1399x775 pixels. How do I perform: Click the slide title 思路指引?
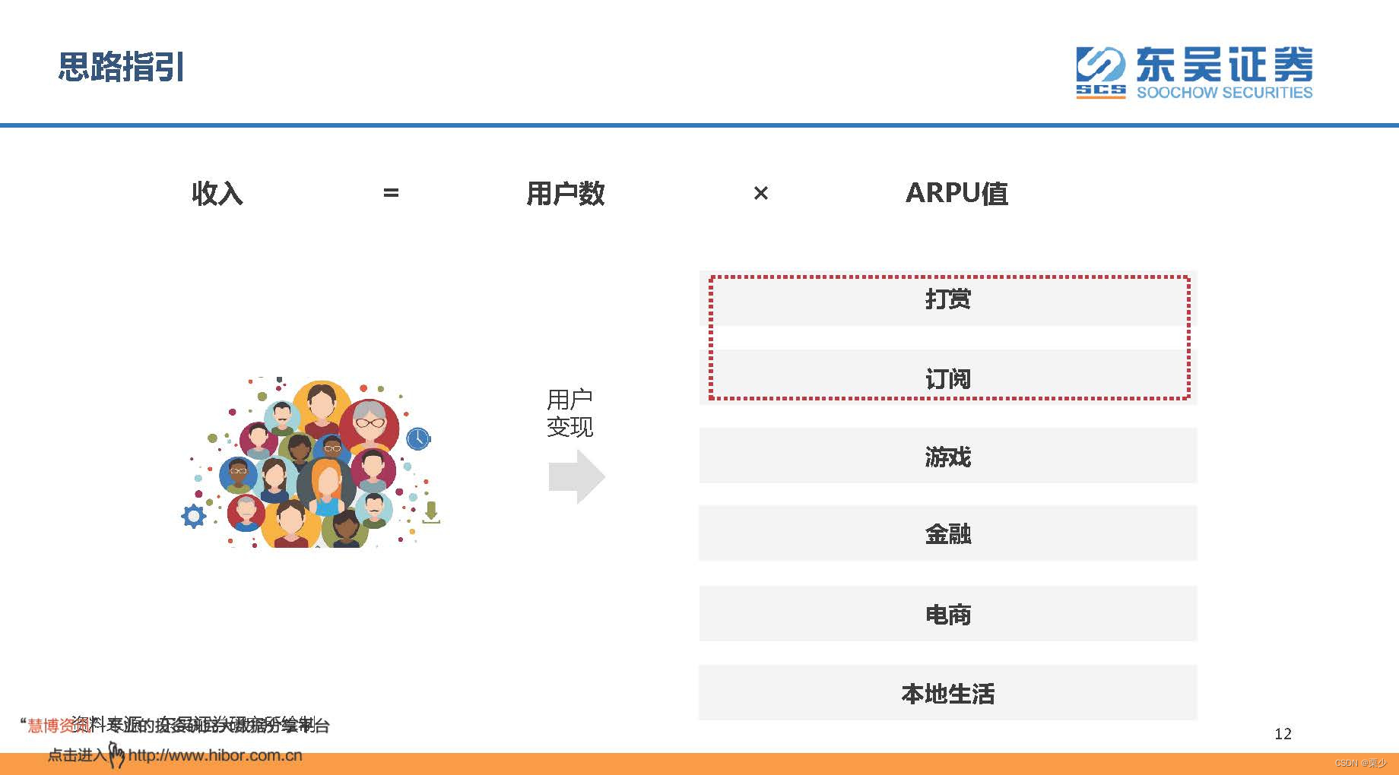122,67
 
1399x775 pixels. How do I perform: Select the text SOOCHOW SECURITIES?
1224,93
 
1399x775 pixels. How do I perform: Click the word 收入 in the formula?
217,193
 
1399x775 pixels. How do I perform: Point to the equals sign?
391,193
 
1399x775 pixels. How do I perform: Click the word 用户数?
566,193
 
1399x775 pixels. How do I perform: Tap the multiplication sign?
760,193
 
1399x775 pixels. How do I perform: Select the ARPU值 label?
956,193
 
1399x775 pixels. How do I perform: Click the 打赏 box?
947,299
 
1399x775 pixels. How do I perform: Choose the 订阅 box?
947,378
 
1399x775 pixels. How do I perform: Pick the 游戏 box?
947,456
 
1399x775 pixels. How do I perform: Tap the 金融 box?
947,533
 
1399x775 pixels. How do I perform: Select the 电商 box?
947,614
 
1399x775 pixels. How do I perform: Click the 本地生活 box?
947,693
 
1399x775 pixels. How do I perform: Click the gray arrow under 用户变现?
576,476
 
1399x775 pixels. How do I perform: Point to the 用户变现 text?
569,413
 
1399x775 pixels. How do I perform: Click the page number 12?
1283,733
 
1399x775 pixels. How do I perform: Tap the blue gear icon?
194,517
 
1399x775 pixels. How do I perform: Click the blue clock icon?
418,438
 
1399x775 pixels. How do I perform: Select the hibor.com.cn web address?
215,755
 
